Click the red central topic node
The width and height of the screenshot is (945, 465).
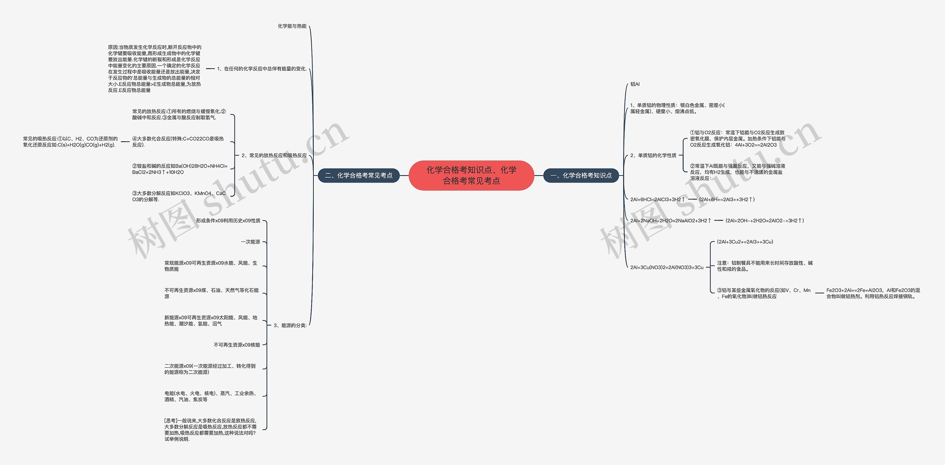point(471,175)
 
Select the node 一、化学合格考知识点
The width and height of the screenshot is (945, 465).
point(581,176)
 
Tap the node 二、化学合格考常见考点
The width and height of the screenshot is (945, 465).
point(359,176)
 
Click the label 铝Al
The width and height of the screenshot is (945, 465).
point(635,84)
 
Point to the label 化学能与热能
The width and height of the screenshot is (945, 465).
point(292,26)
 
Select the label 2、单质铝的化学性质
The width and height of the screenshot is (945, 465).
point(653,156)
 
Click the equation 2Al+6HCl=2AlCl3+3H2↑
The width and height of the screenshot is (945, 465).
point(658,199)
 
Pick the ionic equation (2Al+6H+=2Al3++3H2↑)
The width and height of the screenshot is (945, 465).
point(727,199)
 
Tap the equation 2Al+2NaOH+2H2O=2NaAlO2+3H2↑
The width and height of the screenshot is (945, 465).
point(671,221)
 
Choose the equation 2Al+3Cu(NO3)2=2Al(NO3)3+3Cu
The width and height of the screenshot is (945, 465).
point(667,267)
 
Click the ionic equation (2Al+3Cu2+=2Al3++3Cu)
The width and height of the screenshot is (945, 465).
point(745,242)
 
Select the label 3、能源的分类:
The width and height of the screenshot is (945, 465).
point(290,325)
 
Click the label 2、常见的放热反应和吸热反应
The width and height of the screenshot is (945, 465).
point(274,156)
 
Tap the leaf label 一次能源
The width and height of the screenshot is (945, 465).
point(251,242)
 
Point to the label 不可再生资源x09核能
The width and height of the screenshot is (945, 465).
point(237,345)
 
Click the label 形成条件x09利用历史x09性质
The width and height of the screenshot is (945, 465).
point(228,221)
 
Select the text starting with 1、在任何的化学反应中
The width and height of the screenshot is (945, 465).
point(262,69)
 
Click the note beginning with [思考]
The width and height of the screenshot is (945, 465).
point(210,430)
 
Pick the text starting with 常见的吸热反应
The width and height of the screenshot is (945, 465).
point(70,142)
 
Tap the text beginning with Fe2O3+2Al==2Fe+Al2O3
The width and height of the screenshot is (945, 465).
point(873,293)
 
